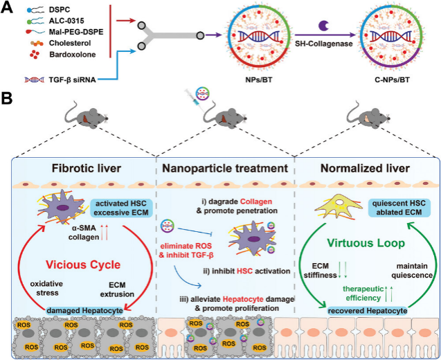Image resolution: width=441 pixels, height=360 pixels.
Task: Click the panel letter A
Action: pyautogui.click(x=9, y=9)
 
